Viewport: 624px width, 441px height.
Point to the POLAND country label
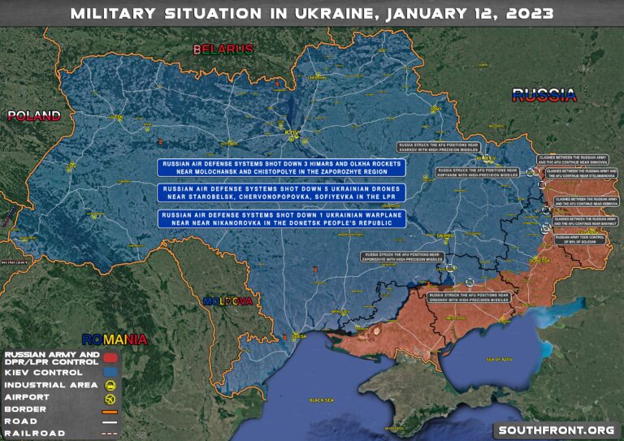[34, 115]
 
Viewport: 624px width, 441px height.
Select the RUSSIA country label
[544, 95]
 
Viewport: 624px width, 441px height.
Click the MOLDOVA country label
[228, 301]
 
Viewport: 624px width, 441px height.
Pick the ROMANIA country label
[114, 339]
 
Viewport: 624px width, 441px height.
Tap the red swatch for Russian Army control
[110, 357]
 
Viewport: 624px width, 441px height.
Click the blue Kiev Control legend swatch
[110, 371]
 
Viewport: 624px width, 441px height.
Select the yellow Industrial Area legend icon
[110, 385]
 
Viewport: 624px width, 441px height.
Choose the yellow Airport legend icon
[110, 398]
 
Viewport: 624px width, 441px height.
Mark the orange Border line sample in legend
[110, 409]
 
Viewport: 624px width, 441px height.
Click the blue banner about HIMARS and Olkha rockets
[283, 166]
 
